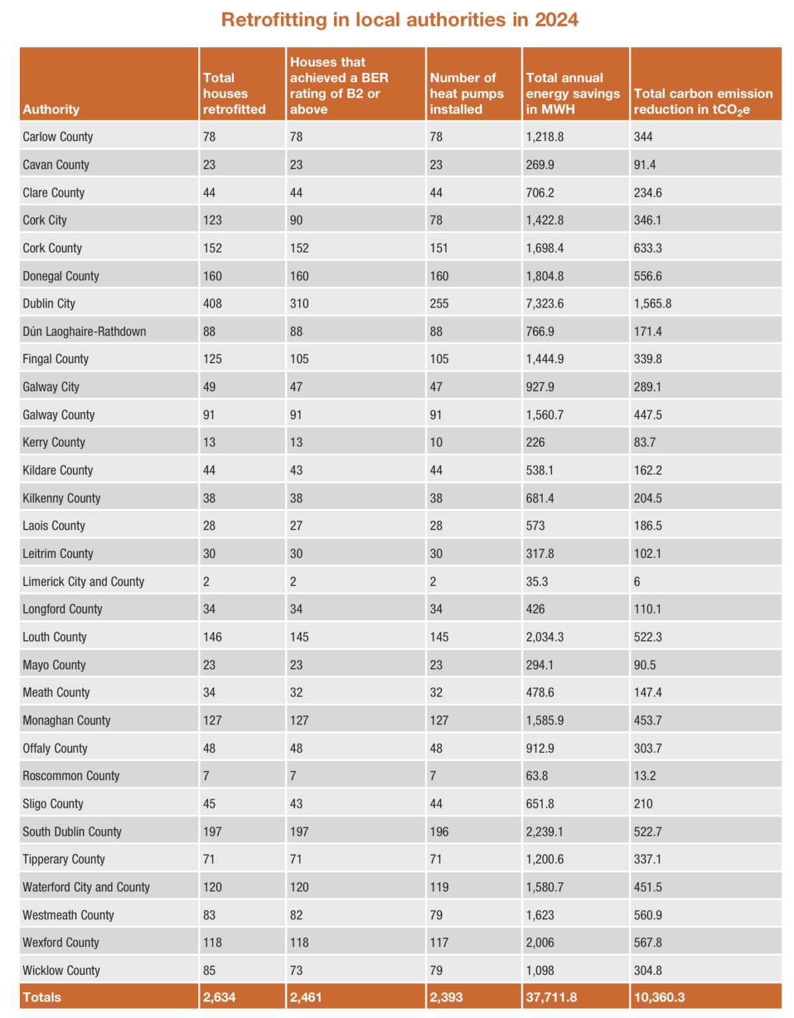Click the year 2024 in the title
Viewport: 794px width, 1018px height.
556,20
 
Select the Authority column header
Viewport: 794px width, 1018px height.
51,109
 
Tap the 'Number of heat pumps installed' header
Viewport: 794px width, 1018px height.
467,93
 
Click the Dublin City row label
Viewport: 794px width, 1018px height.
49,304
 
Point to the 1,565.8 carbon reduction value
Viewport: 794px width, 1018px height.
652,304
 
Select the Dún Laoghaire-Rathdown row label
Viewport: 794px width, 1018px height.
84,331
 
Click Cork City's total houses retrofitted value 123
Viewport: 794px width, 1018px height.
212,220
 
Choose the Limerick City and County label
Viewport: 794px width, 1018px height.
84,581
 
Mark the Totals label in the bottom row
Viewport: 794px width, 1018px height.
42,997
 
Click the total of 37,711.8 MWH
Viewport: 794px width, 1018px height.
551,997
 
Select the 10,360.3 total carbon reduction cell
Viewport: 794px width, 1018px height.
659,997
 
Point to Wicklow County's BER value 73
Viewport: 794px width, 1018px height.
296,970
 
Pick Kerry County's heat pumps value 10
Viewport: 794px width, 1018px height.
436,442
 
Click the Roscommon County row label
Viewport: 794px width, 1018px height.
71,775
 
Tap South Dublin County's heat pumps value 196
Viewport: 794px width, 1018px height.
439,831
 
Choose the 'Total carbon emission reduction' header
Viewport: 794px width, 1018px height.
703,101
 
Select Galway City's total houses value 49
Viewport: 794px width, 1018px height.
209,387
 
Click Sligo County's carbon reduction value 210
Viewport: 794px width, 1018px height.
643,803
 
